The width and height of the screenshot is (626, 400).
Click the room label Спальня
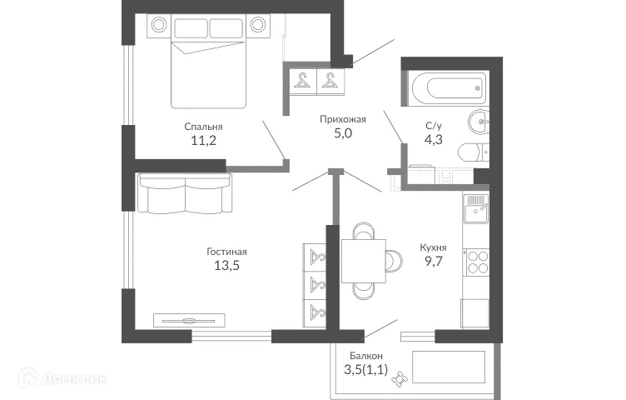(203, 127)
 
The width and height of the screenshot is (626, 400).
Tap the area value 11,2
(203, 141)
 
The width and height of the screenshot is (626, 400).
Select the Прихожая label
(343, 119)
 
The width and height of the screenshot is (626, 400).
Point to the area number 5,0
(343, 133)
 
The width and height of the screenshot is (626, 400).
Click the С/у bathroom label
(434, 126)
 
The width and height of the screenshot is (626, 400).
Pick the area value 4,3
(434, 140)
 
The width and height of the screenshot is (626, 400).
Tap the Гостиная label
(227, 252)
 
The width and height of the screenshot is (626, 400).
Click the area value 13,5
(227, 266)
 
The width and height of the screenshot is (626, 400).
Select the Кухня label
(434, 247)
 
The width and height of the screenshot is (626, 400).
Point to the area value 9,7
(434, 262)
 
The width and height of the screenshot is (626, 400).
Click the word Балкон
(366, 356)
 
